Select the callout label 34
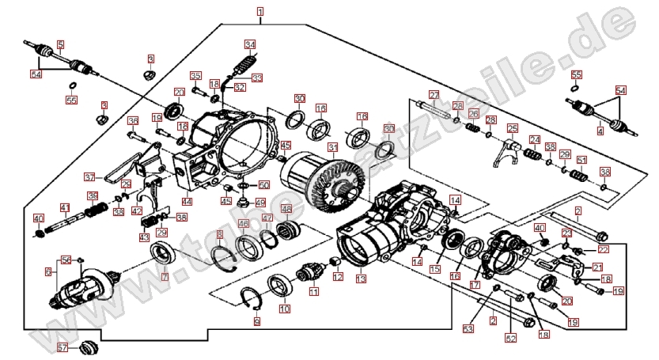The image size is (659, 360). tap(250, 44)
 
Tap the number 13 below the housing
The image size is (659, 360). tap(361, 279)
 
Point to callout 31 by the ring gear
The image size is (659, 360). tap(333, 147)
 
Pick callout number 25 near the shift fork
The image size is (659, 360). tap(512, 128)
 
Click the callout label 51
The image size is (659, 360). tap(581, 159)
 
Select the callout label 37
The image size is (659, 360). tap(89, 176)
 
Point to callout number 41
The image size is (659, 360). tap(66, 208)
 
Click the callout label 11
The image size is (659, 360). tap(313, 292)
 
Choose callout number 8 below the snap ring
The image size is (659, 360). tap(256, 322)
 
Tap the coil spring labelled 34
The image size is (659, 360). tap(244, 63)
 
